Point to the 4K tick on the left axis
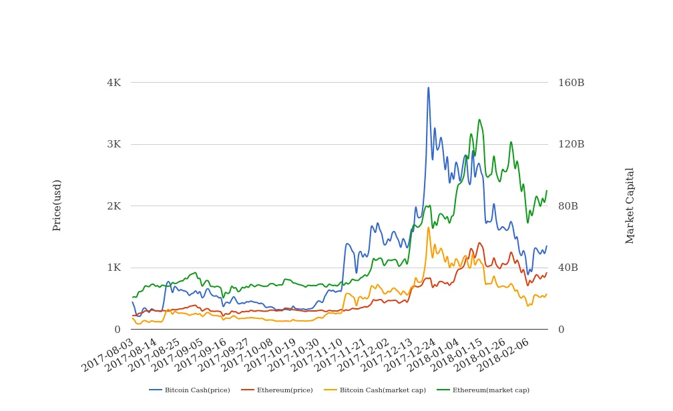tap(114, 83)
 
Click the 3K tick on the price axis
tap(114, 144)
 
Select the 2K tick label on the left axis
tap(114, 206)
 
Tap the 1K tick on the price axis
tap(114, 268)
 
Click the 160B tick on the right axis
tap(571, 83)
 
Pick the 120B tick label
tap(571, 144)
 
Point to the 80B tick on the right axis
tap(568, 206)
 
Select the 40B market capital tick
tap(568, 268)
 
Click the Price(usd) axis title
tap(57, 205)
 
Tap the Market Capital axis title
tap(630, 205)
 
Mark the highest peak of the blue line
tap(429, 87)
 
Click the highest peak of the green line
tap(479, 120)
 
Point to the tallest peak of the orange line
tap(429, 228)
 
